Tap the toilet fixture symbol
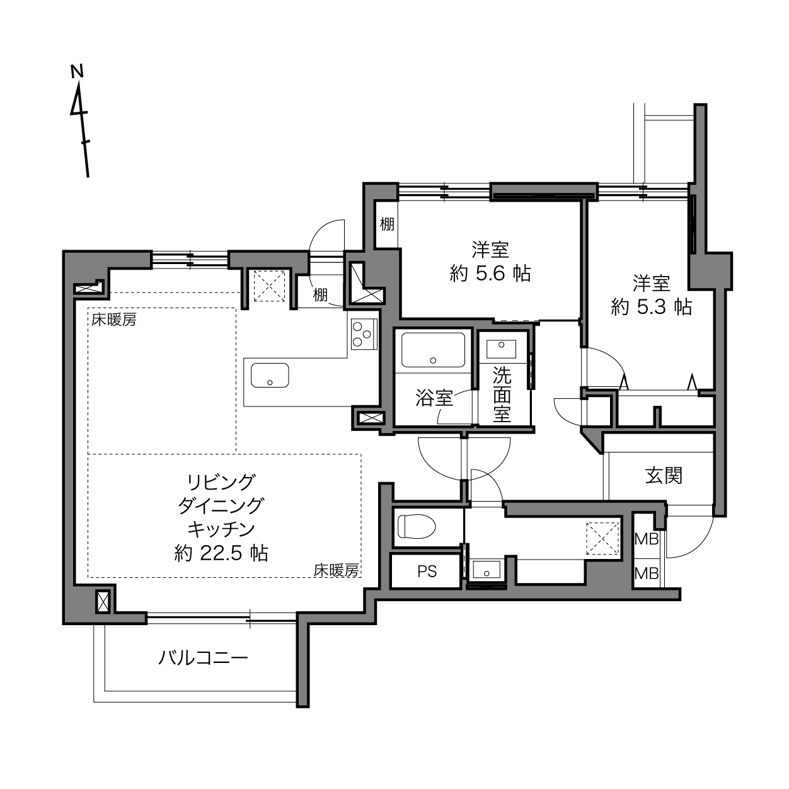point(415,526)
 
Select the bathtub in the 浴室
point(433,350)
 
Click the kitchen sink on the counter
point(270,374)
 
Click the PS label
point(427,571)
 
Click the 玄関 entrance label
point(664,476)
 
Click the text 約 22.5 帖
point(221,553)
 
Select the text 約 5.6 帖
point(490,273)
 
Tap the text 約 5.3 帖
point(652,306)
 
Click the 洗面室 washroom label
point(502,395)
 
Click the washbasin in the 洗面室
point(501,349)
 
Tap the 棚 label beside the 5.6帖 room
point(387,224)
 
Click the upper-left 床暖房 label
point(114,320)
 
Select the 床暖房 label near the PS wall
point(336,570)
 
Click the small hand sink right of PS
point(487,569)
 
